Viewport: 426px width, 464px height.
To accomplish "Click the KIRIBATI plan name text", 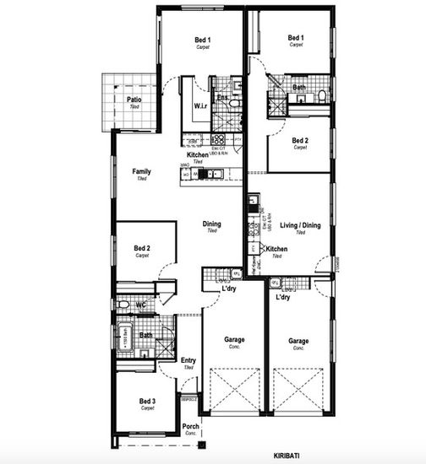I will click(287, 456).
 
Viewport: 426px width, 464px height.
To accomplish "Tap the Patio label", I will click(134, 100).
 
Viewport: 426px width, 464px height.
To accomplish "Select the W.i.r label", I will click(201, 106).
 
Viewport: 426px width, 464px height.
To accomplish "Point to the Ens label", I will click(221, 98).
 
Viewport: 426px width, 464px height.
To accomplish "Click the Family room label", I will click(141, 172).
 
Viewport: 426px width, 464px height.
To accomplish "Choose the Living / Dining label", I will click(300, 226).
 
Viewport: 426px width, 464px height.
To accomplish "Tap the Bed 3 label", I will click(148, 401).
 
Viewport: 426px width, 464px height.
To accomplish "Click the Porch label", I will click(191, 426).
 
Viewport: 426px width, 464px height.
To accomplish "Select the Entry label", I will click(188, 361).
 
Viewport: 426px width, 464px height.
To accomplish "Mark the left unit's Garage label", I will click(234, 340).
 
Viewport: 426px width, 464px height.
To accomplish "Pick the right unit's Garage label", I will click(298, 340).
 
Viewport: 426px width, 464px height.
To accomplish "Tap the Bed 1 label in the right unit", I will click(296, 38).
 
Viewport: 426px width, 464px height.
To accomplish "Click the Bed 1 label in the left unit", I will click(203, 40).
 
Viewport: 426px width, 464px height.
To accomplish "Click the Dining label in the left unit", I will click(211, 224).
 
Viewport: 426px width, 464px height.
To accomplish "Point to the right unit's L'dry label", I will click(283, 297).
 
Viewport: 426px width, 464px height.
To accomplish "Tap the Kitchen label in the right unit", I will click(277, 250).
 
